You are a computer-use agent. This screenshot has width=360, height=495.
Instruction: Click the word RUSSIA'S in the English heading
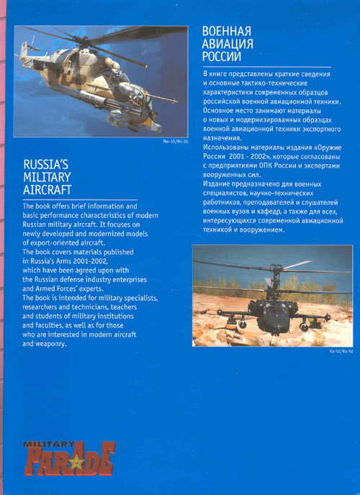[46, 163]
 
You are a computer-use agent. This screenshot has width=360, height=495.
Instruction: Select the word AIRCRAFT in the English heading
[48, 191]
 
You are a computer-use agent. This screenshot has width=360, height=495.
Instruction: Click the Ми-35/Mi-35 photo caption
[175, 151]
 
